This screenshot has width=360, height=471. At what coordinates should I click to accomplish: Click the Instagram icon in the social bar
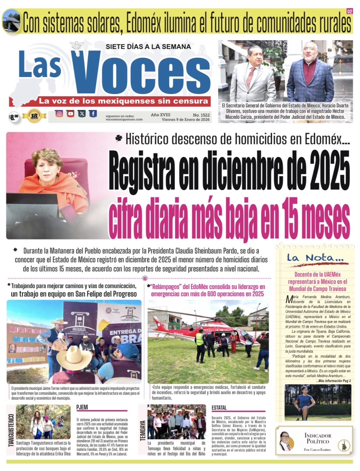(59, 114)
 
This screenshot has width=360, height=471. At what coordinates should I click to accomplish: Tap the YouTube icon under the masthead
(70, 114)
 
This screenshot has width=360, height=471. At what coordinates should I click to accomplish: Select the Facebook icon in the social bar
(93, 114)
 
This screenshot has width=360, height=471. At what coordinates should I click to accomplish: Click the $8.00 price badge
(14, 117)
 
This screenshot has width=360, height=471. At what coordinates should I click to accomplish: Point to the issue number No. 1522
(201, 115)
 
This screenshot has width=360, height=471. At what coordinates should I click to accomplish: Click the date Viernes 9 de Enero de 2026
(185, 120)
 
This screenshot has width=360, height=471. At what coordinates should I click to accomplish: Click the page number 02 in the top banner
(350, 12)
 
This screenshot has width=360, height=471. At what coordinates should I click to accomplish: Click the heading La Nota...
(315, 258)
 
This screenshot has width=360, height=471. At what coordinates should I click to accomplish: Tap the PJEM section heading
(82, 407)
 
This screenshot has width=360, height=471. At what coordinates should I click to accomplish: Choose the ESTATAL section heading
(219, 408)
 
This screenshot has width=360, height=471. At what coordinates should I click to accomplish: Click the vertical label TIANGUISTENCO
(11, 430)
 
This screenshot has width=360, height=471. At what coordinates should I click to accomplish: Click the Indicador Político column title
(318, 438)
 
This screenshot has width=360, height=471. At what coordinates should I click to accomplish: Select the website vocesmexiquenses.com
(124, 119)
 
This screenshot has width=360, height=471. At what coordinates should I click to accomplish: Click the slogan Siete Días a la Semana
(148, 47)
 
